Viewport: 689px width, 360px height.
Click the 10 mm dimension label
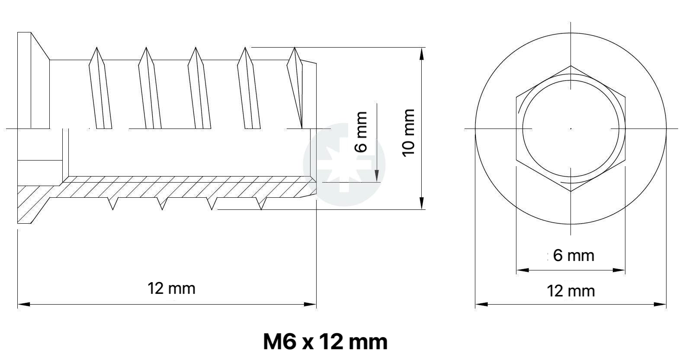point(409,132)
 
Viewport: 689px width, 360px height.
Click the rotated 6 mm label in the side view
point(361,132)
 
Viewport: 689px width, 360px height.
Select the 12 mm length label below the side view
point(171,289)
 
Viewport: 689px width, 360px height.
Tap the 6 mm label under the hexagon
point(574,255)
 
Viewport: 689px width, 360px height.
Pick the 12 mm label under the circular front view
point(570,291)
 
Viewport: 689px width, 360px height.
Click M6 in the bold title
point(279,341)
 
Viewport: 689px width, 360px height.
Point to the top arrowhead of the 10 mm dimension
point(422,54)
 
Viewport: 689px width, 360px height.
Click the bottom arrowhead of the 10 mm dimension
point(422,203)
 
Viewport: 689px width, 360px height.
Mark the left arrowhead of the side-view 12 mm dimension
point(24,304)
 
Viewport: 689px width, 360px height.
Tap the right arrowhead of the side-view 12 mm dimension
point(310,304)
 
